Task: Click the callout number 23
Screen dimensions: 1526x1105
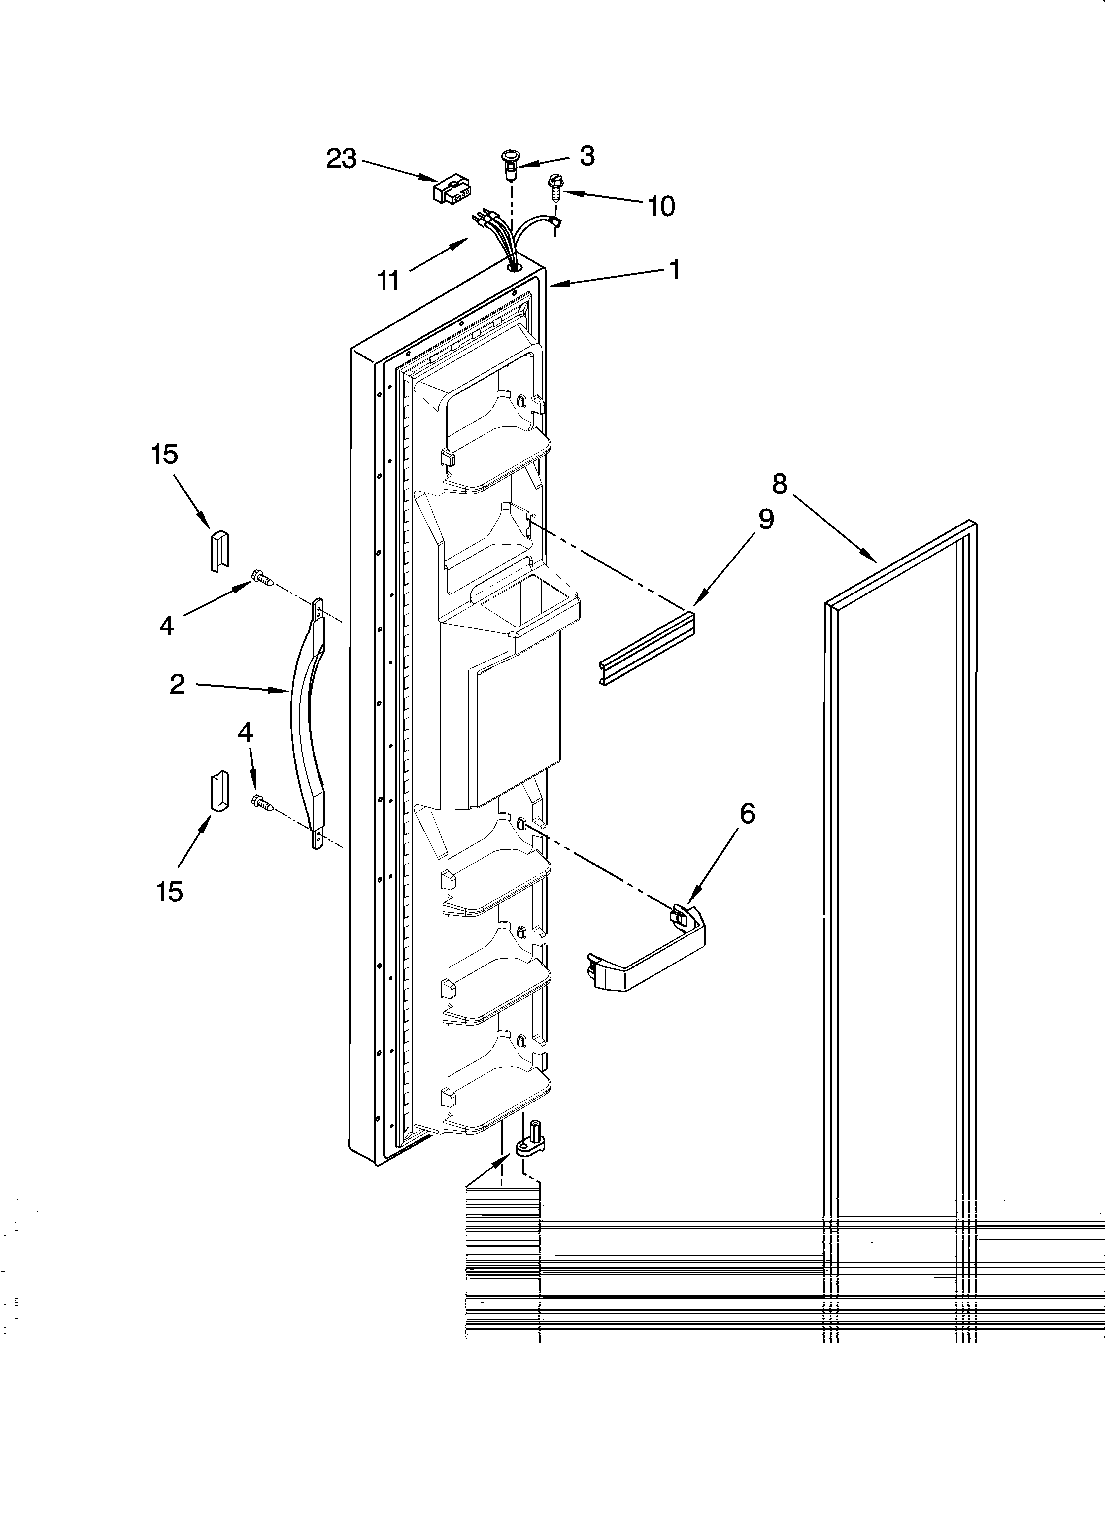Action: point(341,159)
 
